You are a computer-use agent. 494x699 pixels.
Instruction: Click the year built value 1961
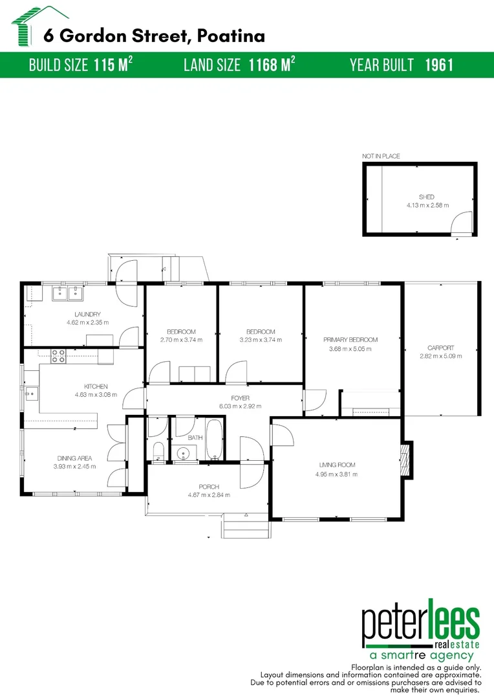[439, 65]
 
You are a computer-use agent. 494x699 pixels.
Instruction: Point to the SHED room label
[427, 197]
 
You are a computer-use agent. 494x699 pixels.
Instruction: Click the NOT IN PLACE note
[381, 156]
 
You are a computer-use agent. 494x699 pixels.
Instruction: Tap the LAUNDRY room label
[83, 315]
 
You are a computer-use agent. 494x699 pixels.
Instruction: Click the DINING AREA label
[74, 458]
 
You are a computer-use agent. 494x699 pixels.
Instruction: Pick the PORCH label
[209, 487]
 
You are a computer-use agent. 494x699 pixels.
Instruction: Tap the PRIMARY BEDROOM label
[350, 340]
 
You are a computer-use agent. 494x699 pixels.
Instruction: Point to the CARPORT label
[441, 348]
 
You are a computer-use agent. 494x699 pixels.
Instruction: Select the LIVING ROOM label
[337, 465]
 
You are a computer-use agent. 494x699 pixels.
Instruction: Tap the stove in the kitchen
[58, 354]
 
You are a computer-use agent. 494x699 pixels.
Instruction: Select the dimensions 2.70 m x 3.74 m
[181, 340]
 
